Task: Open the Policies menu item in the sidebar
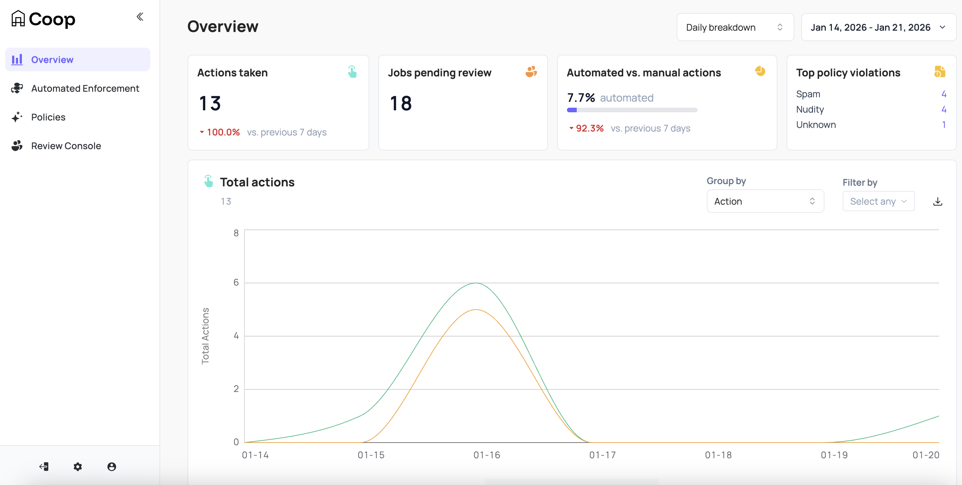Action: click(48, 117)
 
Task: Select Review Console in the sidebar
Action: click(66, 146)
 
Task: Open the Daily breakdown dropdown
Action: click(735, 27)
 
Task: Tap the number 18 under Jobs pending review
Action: click(401, 103)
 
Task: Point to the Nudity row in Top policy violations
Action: click(810, 109)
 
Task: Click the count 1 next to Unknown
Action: click(944, 125)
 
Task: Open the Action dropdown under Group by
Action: click(765, 201)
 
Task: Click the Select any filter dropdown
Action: click(878, 201)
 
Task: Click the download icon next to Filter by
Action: click(937, 201)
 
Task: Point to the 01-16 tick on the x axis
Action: click(487, 455)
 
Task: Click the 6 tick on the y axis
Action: click(236, 282)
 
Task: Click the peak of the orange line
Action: click(476, 310)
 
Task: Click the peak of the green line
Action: click(476, 283)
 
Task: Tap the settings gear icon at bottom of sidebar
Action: click(78, 466)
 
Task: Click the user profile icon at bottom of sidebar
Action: click(112, 466)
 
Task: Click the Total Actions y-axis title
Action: click(206, 336)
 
